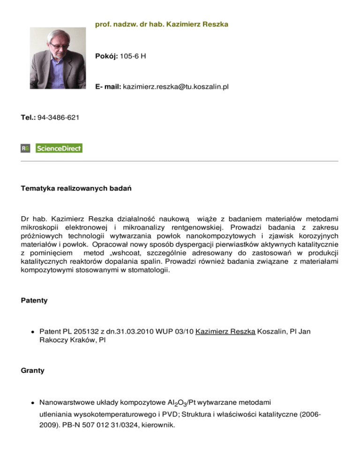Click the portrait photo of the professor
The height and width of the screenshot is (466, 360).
58,60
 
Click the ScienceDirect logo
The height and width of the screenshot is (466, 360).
59,148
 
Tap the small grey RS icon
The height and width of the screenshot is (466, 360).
25,148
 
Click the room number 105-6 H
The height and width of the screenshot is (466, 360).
133,56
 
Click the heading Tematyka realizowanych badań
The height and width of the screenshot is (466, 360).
76,190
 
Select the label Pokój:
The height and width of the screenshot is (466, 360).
106,56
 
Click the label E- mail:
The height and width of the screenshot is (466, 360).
108,87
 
